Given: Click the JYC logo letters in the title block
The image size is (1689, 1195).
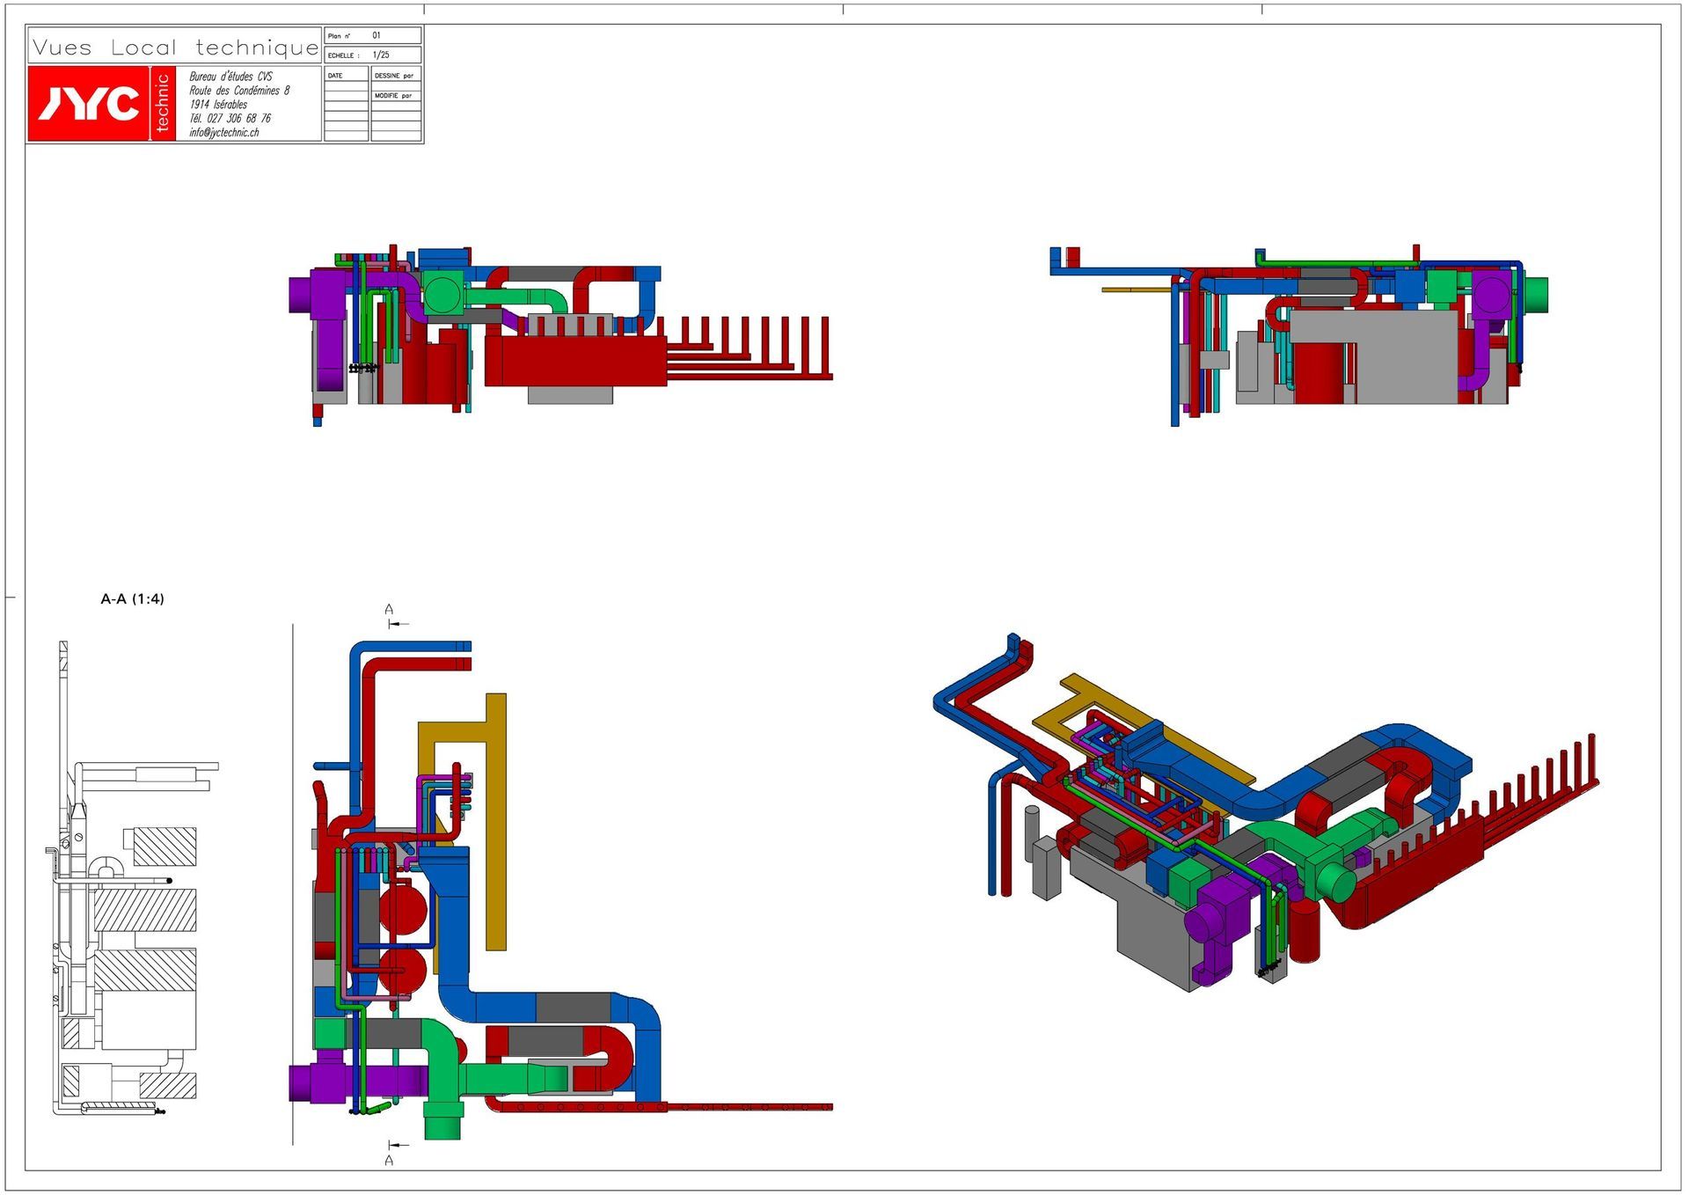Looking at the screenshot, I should (x=88, y=104).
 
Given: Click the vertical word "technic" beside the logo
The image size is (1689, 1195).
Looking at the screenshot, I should (x=162, y=103).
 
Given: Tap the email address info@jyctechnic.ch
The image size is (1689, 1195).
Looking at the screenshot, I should (x=224, y=133).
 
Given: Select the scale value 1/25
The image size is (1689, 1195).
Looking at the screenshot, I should (x=380, y=55).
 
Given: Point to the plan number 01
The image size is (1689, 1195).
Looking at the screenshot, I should (x=377, y=35).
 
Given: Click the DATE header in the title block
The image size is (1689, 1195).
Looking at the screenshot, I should (x=335, y=76).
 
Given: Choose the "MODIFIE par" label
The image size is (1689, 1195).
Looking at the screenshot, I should (x=393, y=95).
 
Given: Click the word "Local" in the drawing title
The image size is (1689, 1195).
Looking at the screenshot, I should (x=143, y=48).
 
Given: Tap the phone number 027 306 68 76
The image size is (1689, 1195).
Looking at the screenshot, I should (x=238, y=118).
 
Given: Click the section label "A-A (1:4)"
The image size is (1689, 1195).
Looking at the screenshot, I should (x=132, y=599).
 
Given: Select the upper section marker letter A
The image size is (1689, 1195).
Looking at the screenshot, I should (x=389, y=609).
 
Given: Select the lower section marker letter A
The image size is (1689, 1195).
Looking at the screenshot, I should (x=389, y=1161).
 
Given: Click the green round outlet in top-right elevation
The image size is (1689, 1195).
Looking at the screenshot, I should (x=1536, y=294).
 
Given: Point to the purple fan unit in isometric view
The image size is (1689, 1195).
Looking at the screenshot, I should (x=1218, y=915).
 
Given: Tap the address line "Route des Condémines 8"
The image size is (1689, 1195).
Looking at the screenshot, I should (x=239, y=91).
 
